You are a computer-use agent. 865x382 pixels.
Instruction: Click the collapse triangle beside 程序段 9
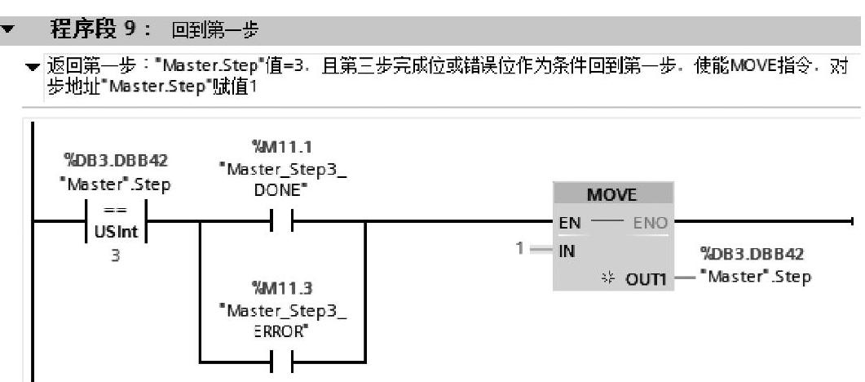[9, 30]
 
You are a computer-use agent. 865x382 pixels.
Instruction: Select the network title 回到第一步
[214, 31]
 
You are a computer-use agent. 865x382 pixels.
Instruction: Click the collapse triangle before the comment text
[32, 66]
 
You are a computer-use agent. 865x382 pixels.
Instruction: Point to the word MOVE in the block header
[612, 196]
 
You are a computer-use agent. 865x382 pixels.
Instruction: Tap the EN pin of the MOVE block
[570, 222]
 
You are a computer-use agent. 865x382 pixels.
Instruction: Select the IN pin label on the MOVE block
[567, 251]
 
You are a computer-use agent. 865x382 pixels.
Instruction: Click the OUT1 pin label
[646, 279]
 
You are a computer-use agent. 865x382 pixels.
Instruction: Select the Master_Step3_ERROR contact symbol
[282, 361]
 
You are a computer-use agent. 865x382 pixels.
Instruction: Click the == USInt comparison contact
[115, 221]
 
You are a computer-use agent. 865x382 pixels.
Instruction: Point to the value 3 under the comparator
[115, 255]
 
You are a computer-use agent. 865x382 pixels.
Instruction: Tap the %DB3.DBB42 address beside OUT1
[756, 255]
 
